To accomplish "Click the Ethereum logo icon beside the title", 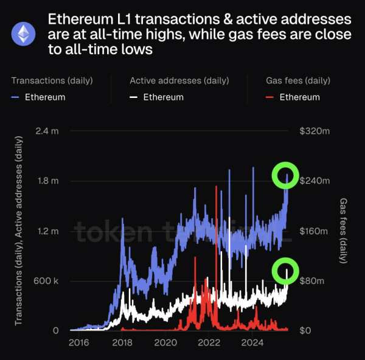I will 24,35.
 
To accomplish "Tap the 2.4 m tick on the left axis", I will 47,131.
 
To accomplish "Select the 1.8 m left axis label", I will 47,181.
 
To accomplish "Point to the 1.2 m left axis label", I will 47,231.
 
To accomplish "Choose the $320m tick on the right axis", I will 314,131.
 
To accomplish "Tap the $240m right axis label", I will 314,181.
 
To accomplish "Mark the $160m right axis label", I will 314,231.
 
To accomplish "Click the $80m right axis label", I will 312,281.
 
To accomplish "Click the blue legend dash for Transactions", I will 16,97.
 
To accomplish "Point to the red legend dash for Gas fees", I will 271,97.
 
